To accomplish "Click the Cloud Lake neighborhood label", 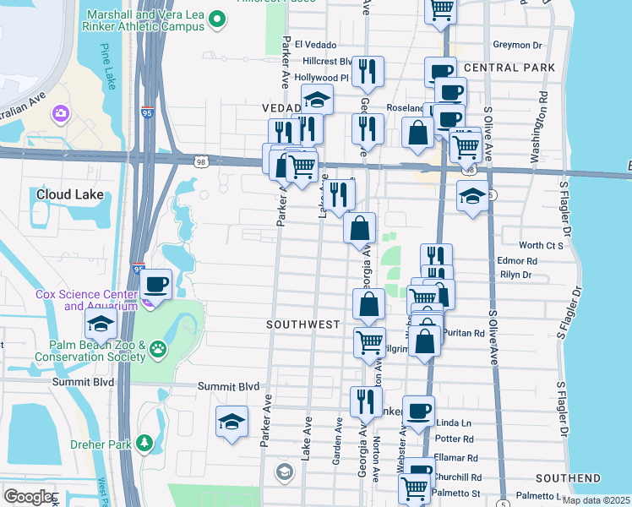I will click(x=69, y=194).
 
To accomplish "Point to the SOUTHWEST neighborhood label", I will click(x=302, y=324).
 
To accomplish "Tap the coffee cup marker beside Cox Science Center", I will click(x=157, y=284).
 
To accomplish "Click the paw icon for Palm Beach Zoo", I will click(x=157, y=349).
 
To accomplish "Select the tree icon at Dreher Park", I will click(x=144, y=442).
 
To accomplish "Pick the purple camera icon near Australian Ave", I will click(x=60, y=113).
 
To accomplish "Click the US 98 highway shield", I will click(x=200, y=162).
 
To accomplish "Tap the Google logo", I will click(x=27, y=496).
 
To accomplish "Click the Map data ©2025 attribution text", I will click(x=595, y=500).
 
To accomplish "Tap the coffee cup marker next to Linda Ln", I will click(x=418, y=411).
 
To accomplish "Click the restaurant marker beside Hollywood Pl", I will click(x=367, y=72).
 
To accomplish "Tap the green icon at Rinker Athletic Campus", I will click(x=217, y=17).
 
